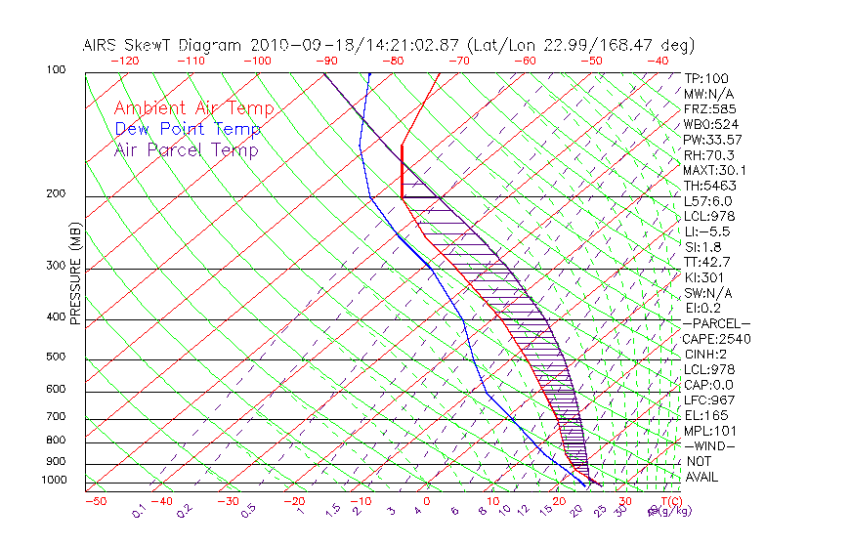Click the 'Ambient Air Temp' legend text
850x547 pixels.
tap(193, 108)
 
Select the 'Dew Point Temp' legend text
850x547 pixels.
tap(188, 129)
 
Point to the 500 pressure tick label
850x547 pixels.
tap(56, 357)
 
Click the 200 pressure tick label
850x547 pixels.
tap(56, 193)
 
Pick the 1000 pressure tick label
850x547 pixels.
tap(53, 480)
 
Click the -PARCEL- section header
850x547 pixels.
tap(717, 323)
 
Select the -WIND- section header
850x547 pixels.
tap(710, 445)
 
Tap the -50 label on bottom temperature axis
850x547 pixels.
tap(95, 501)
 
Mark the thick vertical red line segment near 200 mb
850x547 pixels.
tap(402, 172)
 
